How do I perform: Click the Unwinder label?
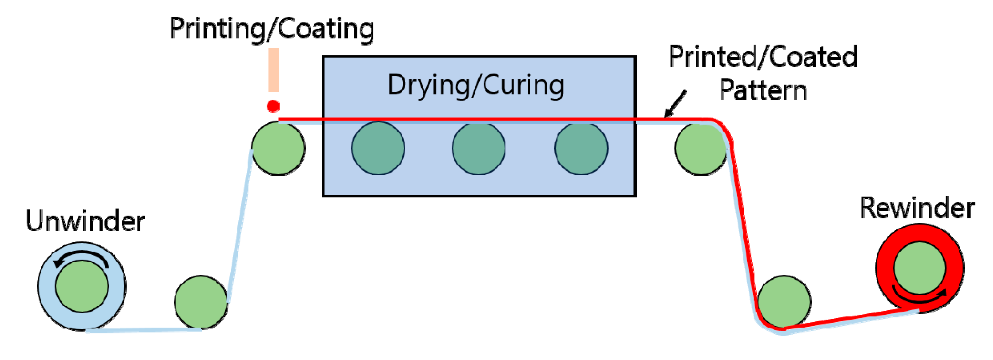click(85, 222)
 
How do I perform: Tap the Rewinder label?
click(917, 209)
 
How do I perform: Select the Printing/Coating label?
click(272, 29)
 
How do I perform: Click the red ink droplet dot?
click(273, 106)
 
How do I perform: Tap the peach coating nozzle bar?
click(273, 70)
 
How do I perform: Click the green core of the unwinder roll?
click(82, 286)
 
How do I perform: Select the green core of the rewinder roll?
click(919, 268)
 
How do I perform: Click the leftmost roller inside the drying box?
click(378, 148)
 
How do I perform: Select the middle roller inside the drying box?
click(478, 148)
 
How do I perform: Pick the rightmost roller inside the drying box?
click(581, 148)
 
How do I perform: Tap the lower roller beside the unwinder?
click(201, 302)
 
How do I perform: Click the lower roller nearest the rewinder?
click(784, 302)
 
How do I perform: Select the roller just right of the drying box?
click(700, 148)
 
